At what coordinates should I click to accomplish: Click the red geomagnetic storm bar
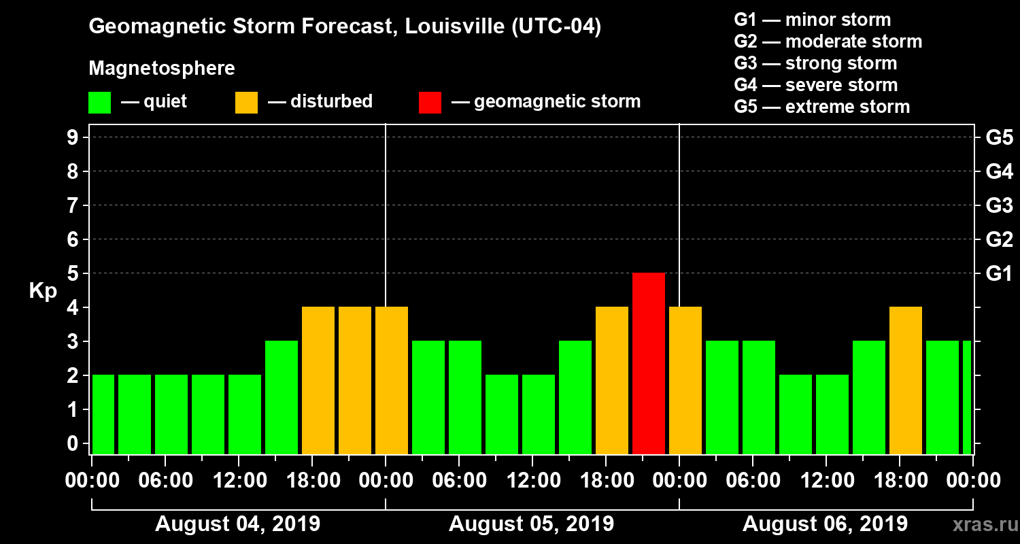pos(649,363)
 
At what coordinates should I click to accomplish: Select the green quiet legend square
pos(100,103)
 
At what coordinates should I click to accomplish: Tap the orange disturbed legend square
pos(247,103)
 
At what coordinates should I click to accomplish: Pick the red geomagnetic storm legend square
pos(430,103)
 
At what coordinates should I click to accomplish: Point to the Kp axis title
pos(43,291)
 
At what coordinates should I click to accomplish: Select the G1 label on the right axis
pos(999,274)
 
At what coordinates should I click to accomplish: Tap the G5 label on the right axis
pos(999,138)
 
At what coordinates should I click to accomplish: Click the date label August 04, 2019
pos(238,524)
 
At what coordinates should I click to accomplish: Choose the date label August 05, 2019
pos(531,524)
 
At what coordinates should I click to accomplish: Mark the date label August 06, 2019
pos(825,524)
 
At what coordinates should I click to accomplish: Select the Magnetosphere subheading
pos(162,69)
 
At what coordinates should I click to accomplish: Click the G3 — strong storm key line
pos(815,63)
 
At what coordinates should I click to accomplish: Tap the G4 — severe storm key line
pos(815,85)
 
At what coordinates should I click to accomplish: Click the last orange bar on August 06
pos(906,380)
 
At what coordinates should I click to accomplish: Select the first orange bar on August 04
pos(318,380)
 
